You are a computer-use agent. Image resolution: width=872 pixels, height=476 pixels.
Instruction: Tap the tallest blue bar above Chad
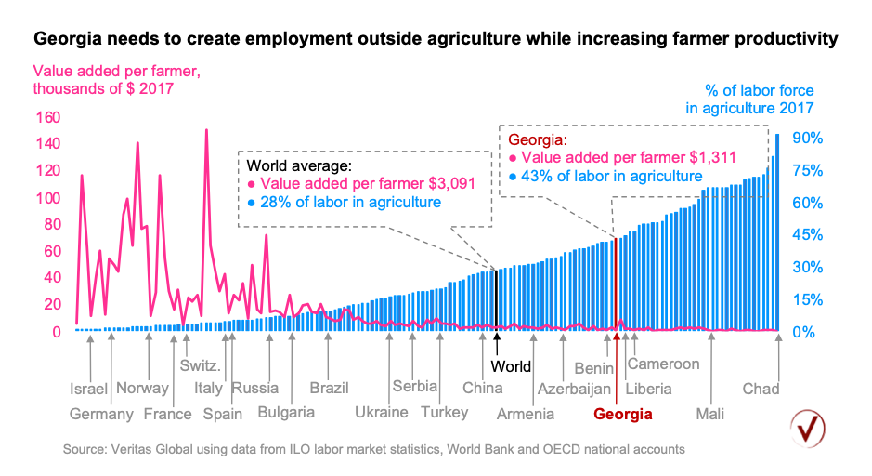tap(777, 232)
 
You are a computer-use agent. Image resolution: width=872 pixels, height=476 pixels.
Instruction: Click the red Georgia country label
tap(622, 414)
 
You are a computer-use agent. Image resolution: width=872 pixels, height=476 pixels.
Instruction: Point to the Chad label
tap(761, 389)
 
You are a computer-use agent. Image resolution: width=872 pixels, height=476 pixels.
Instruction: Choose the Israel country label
tap(89, 389)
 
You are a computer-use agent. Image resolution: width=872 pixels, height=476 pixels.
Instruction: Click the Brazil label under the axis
tap(329, 388)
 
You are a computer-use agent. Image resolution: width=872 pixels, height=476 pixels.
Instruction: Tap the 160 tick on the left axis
tap(47, 118)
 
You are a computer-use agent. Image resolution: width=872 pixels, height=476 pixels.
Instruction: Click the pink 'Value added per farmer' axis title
tap(117, 80)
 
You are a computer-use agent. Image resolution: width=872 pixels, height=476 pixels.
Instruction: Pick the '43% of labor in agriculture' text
tap(611, 177)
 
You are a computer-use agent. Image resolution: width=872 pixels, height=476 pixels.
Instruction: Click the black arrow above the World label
tap(497, 339)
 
